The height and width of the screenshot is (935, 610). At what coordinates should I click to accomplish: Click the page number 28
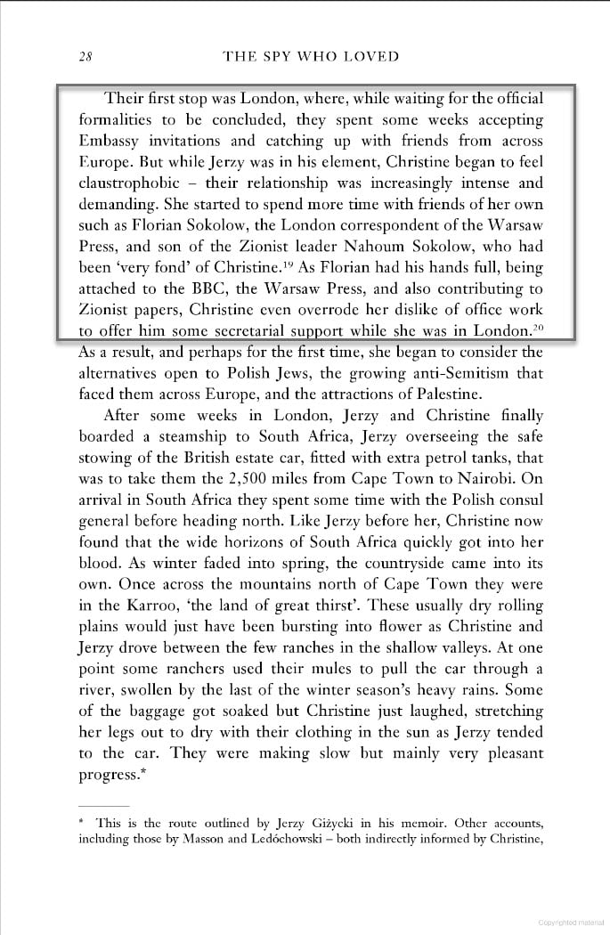85,57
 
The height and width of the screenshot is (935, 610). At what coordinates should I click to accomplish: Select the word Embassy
111,141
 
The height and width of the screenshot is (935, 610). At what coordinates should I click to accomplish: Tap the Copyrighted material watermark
570,923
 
